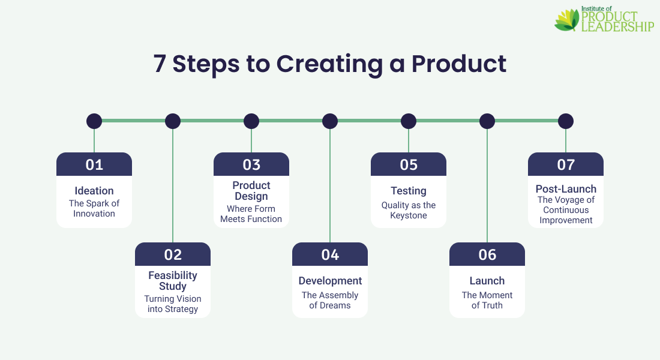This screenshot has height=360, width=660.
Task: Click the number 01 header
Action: tap(94, 164)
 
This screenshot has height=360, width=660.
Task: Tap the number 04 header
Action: tap(330, 254)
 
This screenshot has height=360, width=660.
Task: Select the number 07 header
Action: tap(566, 164)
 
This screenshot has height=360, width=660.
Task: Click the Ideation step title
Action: tap(94, 191)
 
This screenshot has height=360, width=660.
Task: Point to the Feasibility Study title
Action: tap(173, 281)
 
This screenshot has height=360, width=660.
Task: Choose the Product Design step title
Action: tap(251, 191)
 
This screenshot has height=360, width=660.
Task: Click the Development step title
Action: tap(330, 281)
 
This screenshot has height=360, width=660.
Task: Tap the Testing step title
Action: tap(409, 191)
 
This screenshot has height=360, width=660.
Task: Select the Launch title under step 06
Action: tap(487, 281)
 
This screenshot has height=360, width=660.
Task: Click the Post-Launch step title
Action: tap(566, 189)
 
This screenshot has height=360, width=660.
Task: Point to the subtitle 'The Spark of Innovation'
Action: tap(94, 208)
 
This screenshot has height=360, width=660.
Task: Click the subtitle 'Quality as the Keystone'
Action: tap(409, 210)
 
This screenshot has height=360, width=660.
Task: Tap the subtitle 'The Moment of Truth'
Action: tap(487, 300)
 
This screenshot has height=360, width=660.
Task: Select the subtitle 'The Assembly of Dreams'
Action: tap(330, 300)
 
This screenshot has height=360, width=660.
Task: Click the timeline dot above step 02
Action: tap(173, 121)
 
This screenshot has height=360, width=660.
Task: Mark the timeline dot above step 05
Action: tap(409, 121)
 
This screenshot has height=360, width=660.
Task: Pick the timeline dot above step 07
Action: tap(566, 121)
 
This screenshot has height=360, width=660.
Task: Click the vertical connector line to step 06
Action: tap(487, 186)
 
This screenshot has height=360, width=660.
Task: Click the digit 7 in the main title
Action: tap(160, 64)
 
